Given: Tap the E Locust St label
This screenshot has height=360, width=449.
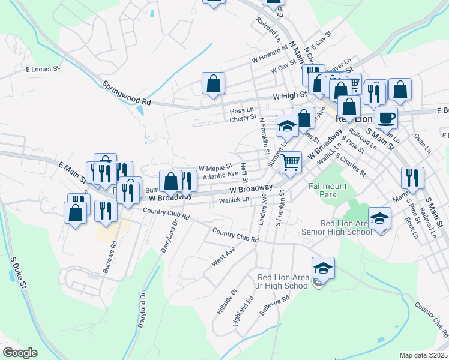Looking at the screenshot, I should point(42,69).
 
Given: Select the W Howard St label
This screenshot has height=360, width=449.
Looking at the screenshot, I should point(267,59).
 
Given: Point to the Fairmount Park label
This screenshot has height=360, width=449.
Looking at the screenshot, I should point(328,190).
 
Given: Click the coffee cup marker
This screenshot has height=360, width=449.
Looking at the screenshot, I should point(386,118).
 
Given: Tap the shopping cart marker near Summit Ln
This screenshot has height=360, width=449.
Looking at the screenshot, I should point(290,161).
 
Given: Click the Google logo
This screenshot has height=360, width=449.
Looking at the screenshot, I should point(20,352).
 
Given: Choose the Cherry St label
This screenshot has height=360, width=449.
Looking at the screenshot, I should point(243,118).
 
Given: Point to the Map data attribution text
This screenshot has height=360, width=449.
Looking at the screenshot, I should point(423,355).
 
